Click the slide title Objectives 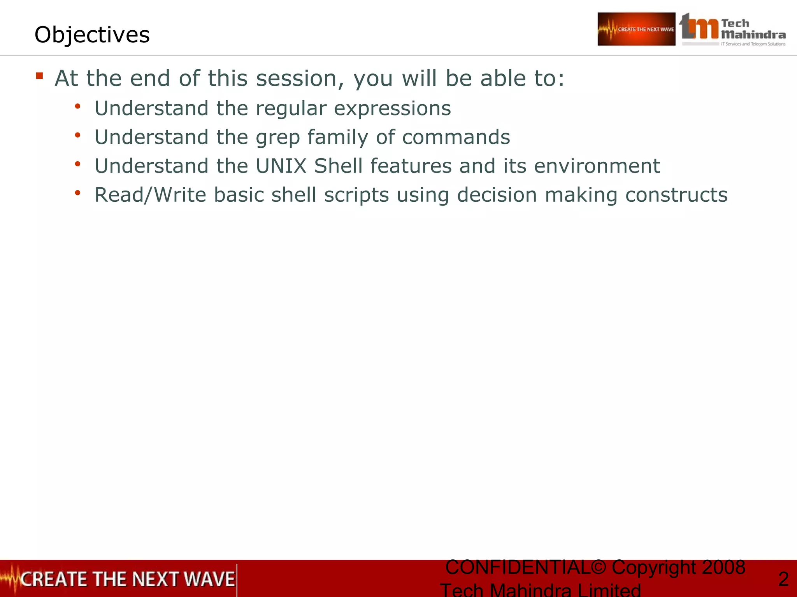tap(92, 35)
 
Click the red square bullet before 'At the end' tap(39, 75)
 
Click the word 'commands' tap(456, 137)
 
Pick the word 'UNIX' tap(281, 166)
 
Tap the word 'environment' tap(597, 166)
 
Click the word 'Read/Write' tap(150, 195)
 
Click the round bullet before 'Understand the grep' tap(77, 135)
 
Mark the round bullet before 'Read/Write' tap(77, 192)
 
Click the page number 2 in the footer tap(783, 579)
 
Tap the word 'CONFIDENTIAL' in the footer tap(518, 567)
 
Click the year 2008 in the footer tap(723, 567)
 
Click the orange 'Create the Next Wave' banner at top tap(636, 29)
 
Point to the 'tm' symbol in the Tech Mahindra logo tap(699, 27)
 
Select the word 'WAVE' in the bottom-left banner tap(209, 579)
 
